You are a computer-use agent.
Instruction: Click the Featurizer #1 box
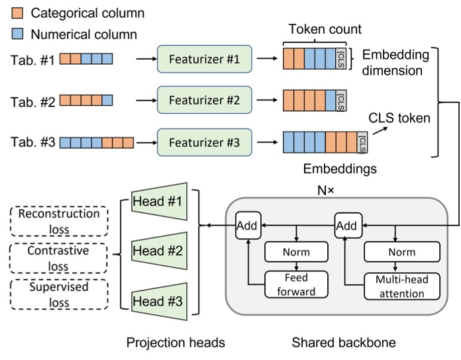click(205, 58)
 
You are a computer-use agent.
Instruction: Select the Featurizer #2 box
click(205, 100)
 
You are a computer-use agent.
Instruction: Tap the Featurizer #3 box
click(205, 142)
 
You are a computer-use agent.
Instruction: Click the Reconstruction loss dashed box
click(59, 222)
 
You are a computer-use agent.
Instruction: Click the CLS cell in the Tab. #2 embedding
click(341, 100)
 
